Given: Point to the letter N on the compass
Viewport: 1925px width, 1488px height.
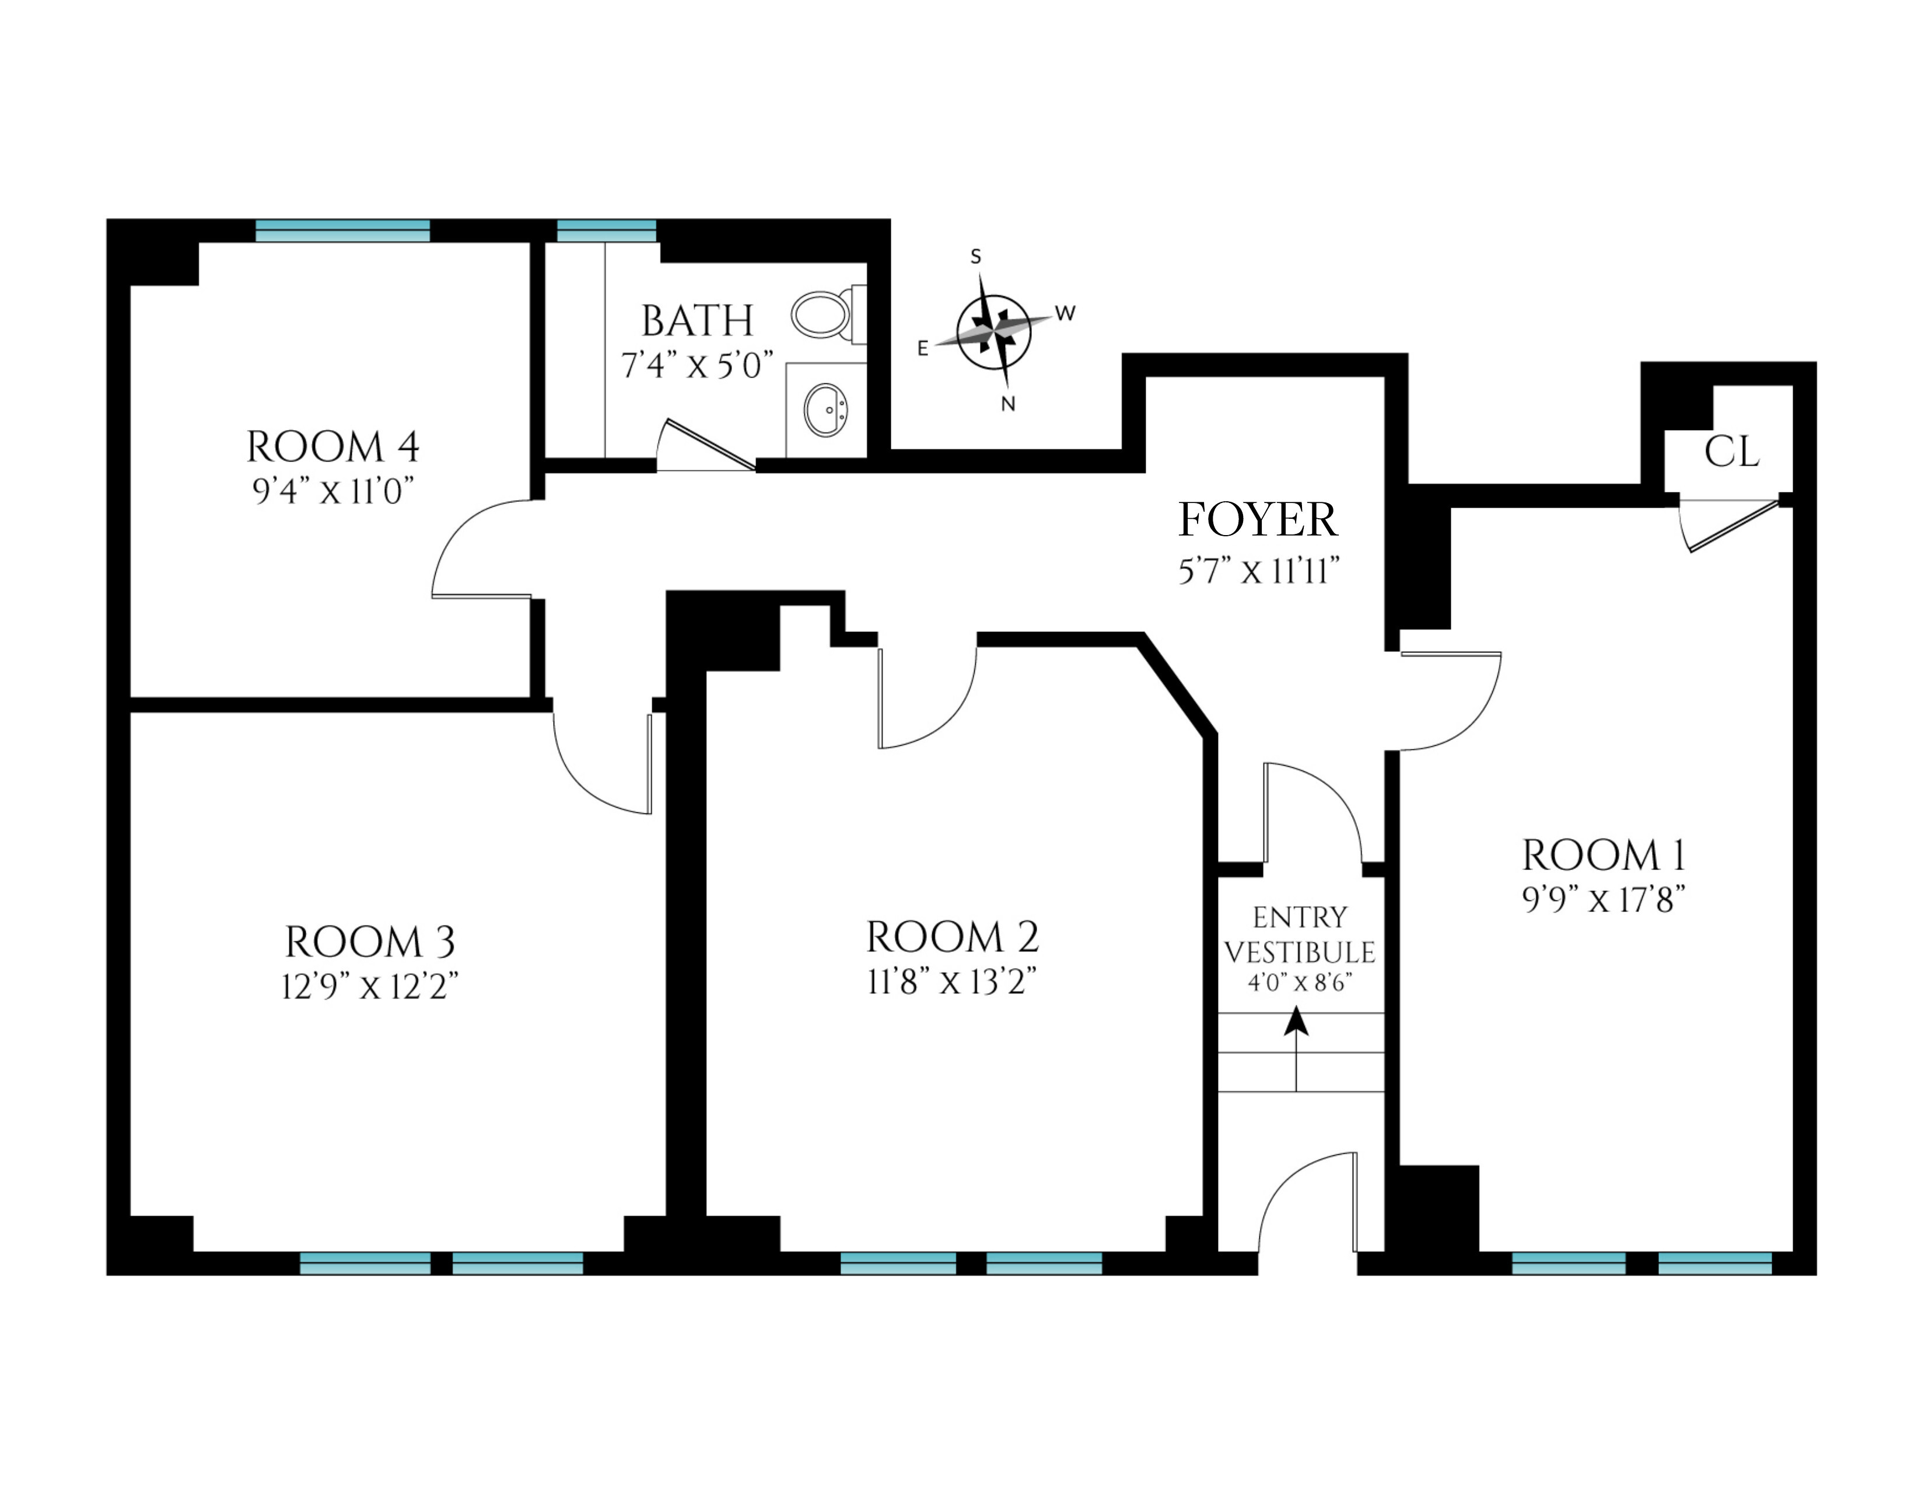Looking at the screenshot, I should click(x=1009, y=404).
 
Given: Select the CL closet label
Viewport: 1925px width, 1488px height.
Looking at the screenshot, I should click(x=1731, y=452).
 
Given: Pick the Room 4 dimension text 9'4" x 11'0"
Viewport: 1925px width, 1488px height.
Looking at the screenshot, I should click(x=333, y=491).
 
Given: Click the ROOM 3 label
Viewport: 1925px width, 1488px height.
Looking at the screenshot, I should click(x=370, y=942).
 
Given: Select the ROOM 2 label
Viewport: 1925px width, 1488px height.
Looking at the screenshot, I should click(x=953, y=937).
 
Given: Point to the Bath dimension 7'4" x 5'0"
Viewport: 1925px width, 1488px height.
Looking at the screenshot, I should click(x=697, y=365).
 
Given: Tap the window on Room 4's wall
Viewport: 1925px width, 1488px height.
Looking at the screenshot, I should click(x=343, y=231).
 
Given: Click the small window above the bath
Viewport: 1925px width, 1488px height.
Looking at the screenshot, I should click(x=607, y=231).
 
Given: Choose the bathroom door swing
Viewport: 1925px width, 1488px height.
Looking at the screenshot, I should click(x=705, y=445).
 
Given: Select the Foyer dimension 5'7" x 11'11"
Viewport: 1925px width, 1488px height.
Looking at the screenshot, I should click(x=1259, y=573).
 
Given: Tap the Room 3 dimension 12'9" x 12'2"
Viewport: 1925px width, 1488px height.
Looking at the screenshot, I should click(x=370, y=987).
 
